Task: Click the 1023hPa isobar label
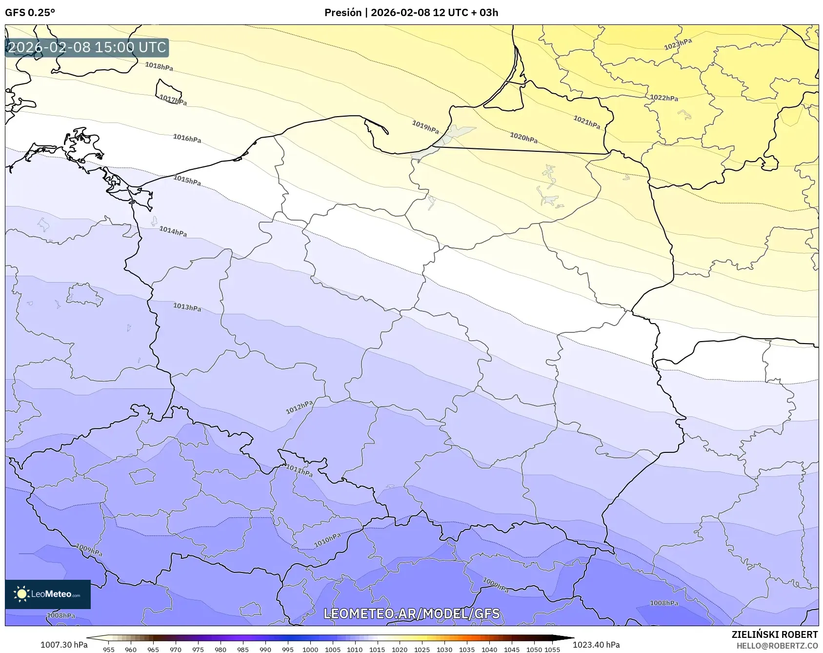click(678, 44)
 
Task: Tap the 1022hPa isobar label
click(664, 98)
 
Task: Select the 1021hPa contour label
click(586, 122)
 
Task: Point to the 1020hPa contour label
click(523, 138)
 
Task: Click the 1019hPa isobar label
click(425, 127)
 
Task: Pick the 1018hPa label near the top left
click(159, 66)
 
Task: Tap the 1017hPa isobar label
click(173, 100)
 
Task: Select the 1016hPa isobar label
click(187, 139)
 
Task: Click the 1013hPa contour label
click(187, 307)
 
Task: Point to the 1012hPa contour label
click(299, 407)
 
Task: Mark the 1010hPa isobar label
click(327, 540)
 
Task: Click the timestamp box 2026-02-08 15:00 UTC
click(87, 47)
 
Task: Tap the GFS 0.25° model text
click(30, 13)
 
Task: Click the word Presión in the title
click(343, 13)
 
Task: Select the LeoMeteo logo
click(48, 594)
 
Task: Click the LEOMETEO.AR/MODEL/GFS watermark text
click(411, 613)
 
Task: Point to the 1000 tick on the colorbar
click(310, 649)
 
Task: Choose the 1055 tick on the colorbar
click(552, 649)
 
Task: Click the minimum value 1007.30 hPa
click(63, 645)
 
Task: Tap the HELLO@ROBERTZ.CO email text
click(777, 646)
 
